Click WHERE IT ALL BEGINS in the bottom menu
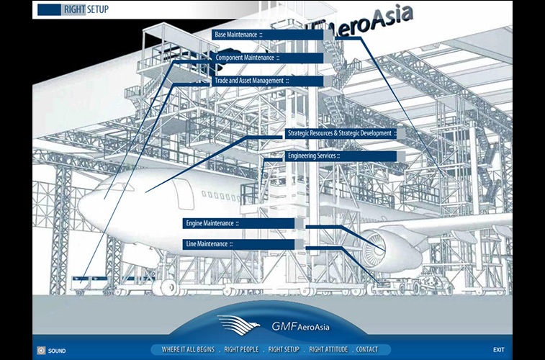coord(188,350)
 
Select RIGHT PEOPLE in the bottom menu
coord(241,350)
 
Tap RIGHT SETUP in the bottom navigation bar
coord(284,350)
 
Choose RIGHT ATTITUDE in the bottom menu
coord(328,350)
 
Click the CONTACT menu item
coord(366,350)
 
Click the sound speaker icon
coord(41,350)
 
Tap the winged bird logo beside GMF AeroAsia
coord(238,325)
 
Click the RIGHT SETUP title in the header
coord(86,9)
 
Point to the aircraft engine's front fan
coord(374,248)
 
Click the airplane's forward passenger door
coord(184,194)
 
